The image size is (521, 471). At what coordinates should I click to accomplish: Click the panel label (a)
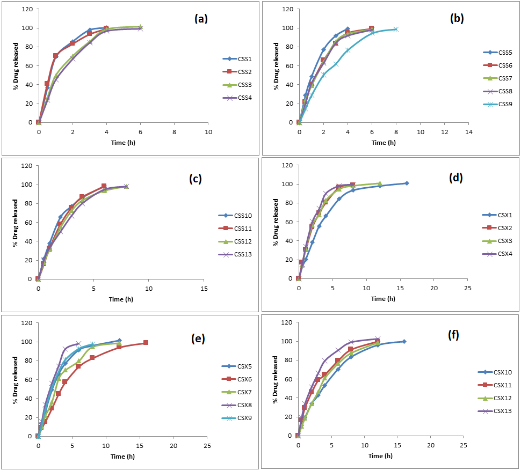pyautogui.click(x=201, y=19)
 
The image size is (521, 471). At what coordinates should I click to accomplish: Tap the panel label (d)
pyautogui.click(x=458, y=177)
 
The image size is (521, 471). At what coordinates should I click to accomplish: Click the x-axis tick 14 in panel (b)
pyautogui.click(x=468, y=132)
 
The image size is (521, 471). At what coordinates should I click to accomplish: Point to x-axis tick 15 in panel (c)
pyautogui.click(x=204, y=289)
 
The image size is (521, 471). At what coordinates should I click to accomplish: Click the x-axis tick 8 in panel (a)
pyautogui.click(x=175, y=132)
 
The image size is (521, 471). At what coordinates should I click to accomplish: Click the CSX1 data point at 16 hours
pyautogui.click(x=407, y=183)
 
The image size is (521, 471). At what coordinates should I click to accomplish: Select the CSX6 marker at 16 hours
pyautogui.click(x=146, y=343)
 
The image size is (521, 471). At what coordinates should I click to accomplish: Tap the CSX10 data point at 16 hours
pyautogui.click(x=404, y=342)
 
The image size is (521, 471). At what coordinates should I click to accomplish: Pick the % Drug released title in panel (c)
pyautogui.click(x=15, y=223)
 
